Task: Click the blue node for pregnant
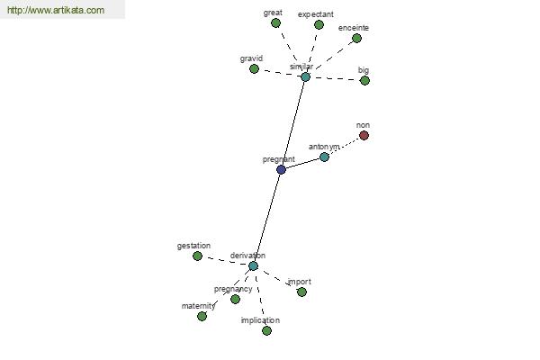point(281,169)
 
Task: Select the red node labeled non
point(364,135)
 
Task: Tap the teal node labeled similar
point(305,76)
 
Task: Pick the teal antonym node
point(324,157)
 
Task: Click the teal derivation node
point(253,266)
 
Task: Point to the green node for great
point(275,23)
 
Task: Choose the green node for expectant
point(319,25)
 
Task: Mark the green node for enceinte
point(356,38)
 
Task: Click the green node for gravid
point(254,69)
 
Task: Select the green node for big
point(364,81)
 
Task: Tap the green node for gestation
point(197,256)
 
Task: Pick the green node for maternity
point(202,316)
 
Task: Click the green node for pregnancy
point(235,299)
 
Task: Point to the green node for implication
point(266,330)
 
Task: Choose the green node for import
point(301,292)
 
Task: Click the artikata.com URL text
point(56,10)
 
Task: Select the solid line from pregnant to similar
point(293,123)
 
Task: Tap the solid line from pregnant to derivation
point(267,218)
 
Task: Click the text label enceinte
point(354,28)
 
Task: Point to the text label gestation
point(193,246)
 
